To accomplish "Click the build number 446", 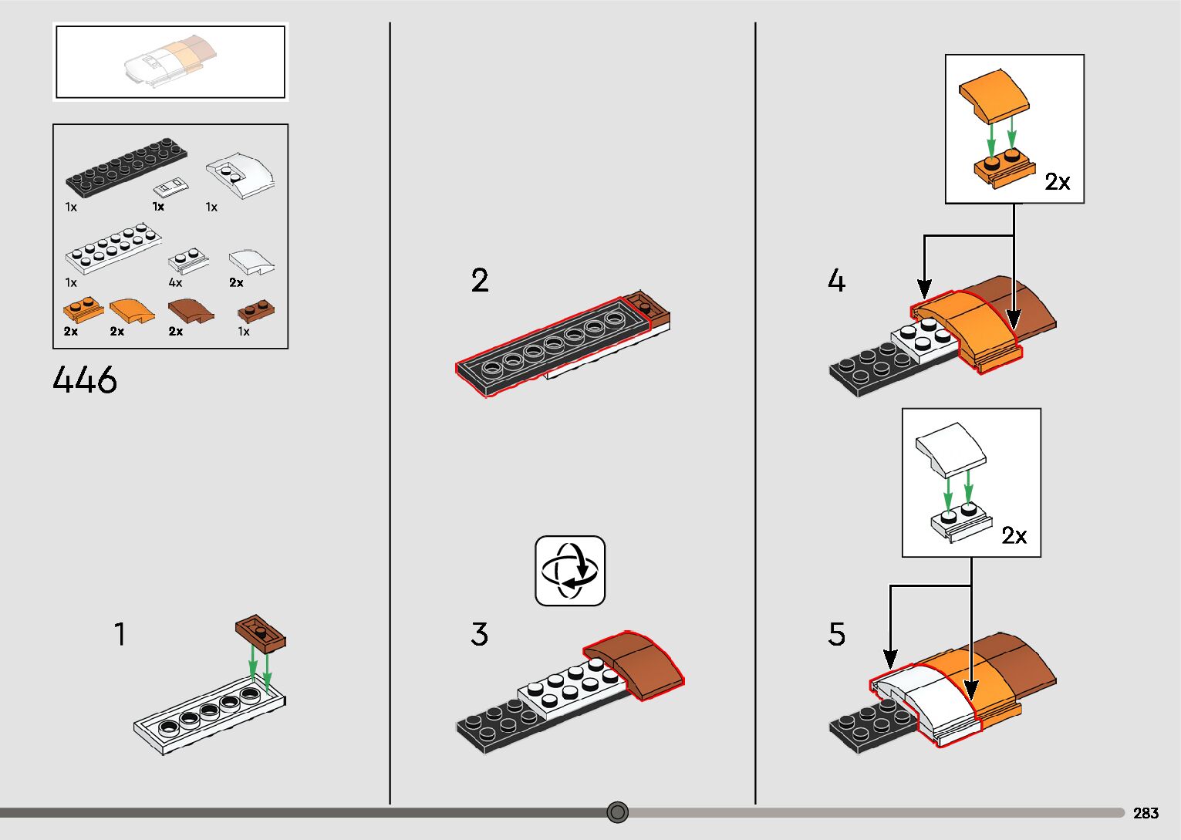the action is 85,380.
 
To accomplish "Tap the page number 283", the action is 1146,812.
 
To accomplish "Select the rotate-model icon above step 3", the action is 570,571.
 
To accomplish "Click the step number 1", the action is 120,634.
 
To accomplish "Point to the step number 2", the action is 480,280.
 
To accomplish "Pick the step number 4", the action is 837,280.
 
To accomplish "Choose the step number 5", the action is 837,634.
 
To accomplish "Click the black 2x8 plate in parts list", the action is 126,167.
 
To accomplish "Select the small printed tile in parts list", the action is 170,186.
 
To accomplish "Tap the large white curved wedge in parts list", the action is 241,175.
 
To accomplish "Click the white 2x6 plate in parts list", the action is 114,249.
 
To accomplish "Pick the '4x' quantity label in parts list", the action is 176,282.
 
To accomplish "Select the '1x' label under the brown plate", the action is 244,331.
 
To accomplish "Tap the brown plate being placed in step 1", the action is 261,633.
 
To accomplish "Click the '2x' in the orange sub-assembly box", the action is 1058,181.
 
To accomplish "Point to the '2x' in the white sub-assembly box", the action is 1014,535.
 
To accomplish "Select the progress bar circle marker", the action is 617,812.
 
